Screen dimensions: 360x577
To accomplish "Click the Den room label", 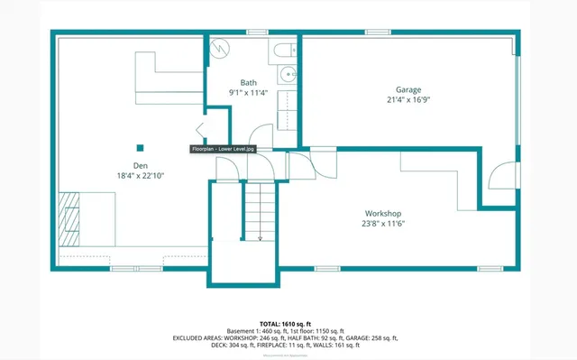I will [140, 165].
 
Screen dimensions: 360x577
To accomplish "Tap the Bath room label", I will [248, 82].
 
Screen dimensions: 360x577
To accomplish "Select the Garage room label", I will [408, 89].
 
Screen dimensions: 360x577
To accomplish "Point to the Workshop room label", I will [383, 213].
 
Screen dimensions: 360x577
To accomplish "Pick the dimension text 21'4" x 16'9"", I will [408, 99].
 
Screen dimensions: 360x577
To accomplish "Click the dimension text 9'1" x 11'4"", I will [248, 92].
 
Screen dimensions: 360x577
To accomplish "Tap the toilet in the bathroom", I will [284, 51].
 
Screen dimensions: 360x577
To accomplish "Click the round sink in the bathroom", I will [287, 75].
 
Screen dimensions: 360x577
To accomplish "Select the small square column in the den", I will [140, 147].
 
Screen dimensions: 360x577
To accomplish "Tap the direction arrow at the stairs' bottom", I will [260, 236].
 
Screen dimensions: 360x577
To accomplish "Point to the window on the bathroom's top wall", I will [258, 33].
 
